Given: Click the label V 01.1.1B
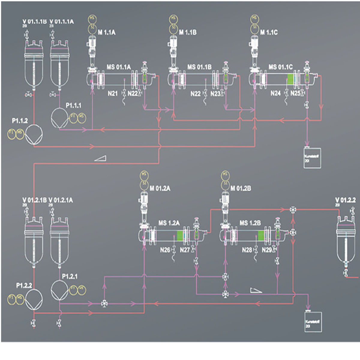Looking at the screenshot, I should [34, 22].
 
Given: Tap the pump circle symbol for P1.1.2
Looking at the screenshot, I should [34, 135].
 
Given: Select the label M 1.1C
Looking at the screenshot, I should [269, 32].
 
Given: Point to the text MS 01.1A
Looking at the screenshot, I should [118, 67].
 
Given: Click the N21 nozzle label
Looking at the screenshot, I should [113, 94].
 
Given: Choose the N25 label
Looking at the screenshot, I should [295, 93].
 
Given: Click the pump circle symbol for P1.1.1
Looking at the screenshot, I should [59, 118].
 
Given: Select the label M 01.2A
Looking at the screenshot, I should [160, 188].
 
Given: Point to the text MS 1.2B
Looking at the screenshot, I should [250, 223].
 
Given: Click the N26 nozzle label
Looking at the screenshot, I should [165, 250].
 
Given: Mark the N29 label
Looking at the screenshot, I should [267, 250].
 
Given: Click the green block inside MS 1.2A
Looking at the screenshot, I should [180, 235].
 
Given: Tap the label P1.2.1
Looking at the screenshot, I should [70, 276].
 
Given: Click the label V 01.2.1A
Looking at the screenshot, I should [61, 200].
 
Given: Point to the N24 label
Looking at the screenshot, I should [275, 93].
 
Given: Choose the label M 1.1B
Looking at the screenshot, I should [188, 32].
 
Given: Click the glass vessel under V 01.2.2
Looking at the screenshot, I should [346, 243].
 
